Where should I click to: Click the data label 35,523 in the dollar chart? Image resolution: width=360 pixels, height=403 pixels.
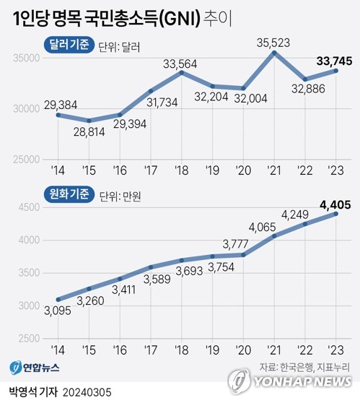click(x=273, y=42)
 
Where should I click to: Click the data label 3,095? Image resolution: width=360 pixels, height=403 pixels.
click(x=56, y=313)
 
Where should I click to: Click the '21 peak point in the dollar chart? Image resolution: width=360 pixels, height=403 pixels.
click(x=273, y=53)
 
